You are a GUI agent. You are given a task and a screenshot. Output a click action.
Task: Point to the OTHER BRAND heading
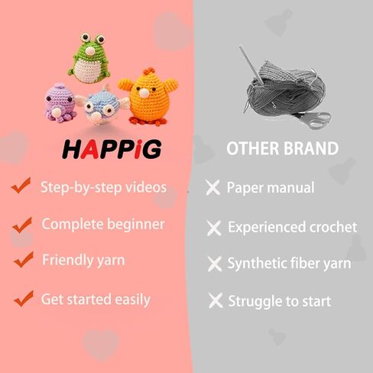(x=282, y=148)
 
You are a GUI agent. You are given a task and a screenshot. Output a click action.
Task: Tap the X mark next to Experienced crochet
(x=215, y=227)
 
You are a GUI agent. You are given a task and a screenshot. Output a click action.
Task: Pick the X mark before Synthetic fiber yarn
(x=215, y=264)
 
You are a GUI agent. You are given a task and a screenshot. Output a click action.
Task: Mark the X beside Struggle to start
(x=215, y=301)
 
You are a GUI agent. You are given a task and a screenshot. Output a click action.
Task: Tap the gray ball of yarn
(x=279, y=92)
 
